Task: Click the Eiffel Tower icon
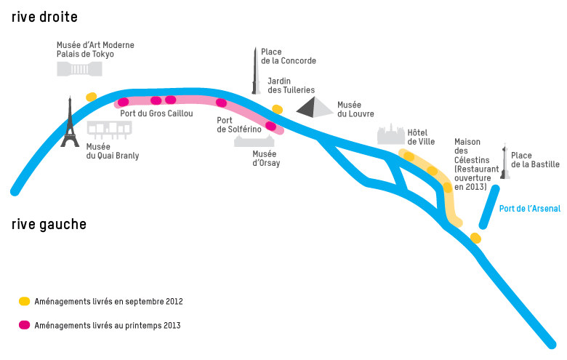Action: click(70, 123)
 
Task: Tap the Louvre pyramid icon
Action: click(313, 108)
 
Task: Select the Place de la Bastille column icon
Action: click(504, 161)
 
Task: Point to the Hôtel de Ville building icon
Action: click(390, 134)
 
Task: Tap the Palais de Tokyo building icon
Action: click(80, 68)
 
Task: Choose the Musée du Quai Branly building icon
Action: click(109, 129)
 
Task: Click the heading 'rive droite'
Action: click(44, 17)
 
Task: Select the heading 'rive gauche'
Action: click(49, 224)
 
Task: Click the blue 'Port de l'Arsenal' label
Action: click(529, 209)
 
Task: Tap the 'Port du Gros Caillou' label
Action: click(156, 113)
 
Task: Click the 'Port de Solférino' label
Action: click(239, 124)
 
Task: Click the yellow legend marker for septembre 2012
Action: click(25, 301)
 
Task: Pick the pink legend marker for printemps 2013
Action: click(25, 325)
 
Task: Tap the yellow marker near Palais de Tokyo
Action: click(91, 97)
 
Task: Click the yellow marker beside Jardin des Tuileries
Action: click(277, 109)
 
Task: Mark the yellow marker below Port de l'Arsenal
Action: click(475, 238)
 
